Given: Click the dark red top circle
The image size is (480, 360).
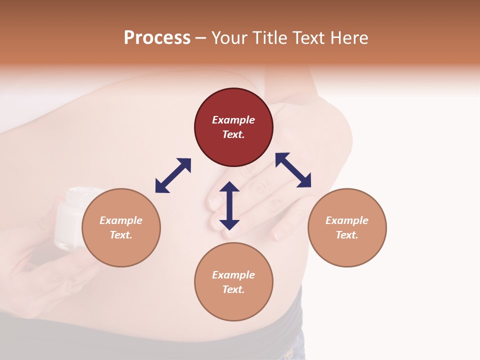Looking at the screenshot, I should pyautogui.click(x=233, y=127).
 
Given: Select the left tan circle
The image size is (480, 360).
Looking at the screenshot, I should pyautogui.click(x=121, y=227).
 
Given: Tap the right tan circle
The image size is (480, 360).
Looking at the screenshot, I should pyautogui.click(x=347, y=227).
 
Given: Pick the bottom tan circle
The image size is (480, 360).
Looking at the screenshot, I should pyautogui.click(x=233, y=282).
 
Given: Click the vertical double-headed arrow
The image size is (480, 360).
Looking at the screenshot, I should pyautogui.click(x=229, y=205).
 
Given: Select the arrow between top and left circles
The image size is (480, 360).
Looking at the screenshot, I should pyautogui.click(x=173, y=175).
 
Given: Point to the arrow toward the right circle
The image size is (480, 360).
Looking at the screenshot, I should pyautogui.click(x=293, y=170).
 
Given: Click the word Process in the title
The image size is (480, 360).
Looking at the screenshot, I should pyautogui.click(x=157, y=37).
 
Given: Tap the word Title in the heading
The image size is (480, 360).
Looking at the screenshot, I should pyautogui.click(x=269, y=37).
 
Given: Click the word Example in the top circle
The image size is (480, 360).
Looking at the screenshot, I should pyautogui.click(x=233, y=120).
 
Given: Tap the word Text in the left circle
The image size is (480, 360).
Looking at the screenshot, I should pyautogui.click(x=121, y=235).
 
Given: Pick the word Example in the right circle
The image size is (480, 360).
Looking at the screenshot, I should pyautogui.click(x=347, y=220).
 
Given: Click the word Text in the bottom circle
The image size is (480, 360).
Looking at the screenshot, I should pyautogui.click(x=233, y=289).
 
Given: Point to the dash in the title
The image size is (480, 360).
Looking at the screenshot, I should pyautogui.click(x=200, y=38).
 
